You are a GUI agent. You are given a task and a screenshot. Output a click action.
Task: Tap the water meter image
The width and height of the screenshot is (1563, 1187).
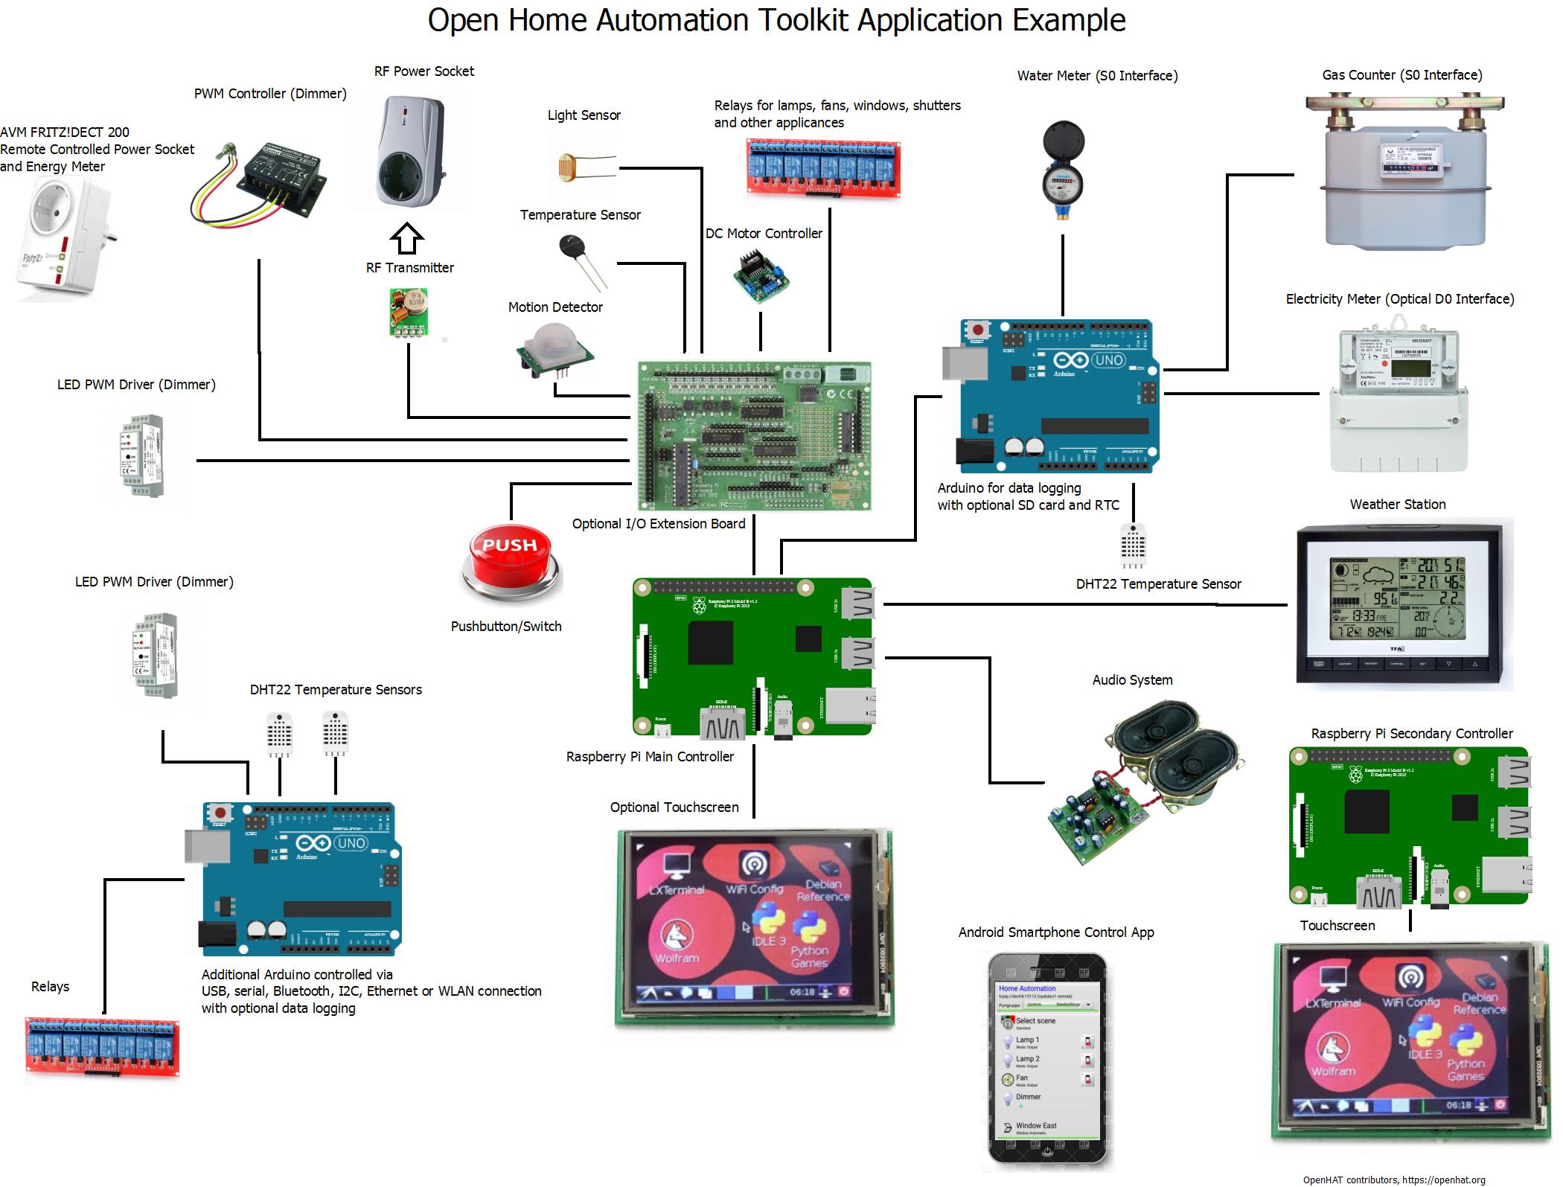pos(1063,170)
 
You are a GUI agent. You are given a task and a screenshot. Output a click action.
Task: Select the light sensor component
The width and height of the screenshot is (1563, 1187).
pos(569,167)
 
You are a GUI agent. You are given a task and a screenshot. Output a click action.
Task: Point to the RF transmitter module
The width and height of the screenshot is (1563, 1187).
pos(408,312)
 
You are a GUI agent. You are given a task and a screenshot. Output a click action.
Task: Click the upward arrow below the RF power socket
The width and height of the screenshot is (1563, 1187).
pos(407,239)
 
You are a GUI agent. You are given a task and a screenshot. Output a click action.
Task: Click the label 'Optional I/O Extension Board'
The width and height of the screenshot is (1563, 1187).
pos(659,524)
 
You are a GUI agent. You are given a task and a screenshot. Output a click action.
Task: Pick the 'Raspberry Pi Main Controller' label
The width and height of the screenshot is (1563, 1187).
pos(650,757)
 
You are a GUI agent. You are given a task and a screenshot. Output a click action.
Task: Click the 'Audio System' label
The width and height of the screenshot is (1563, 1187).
pos(1132,680)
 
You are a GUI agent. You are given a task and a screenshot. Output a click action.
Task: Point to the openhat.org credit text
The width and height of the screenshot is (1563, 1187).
pos(1393,1180)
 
